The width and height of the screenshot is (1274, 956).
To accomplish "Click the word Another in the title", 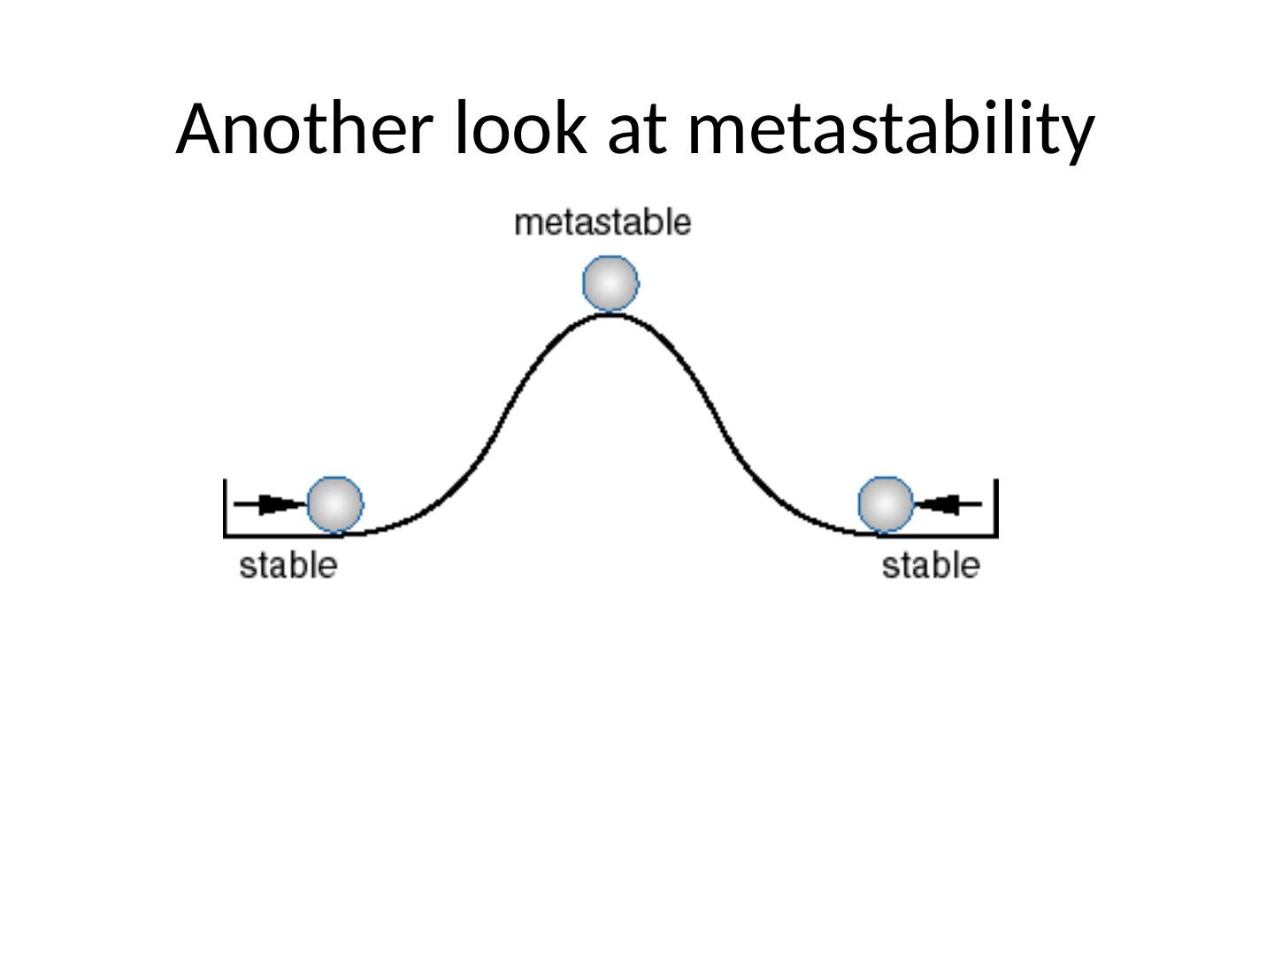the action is pyautogui.click(x=305, y=128).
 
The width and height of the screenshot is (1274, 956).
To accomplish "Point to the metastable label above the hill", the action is pyautogui.click(x=602, y=222).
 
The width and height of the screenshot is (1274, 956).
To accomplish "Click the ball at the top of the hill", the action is pyautogui.click(x=610, y=283).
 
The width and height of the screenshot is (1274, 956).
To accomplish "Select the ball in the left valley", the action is pyautogui.click(x=334, y=505).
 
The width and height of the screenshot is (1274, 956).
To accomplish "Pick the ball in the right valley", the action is pyautogui.click(x=886, y=505).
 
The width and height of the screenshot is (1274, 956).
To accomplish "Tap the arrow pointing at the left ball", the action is pyautogui.click(x=270, y=505).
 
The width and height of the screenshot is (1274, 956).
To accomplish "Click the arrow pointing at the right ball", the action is pyautogui.click(x=948, y=505).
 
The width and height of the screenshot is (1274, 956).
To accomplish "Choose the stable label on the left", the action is pyautogui.click(x=288, y=566).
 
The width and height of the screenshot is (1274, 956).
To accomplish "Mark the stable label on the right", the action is pyautogui.click(x=931, y=566).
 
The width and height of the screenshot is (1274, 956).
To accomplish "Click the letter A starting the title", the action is pyautogui.click(x=197, y=128).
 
